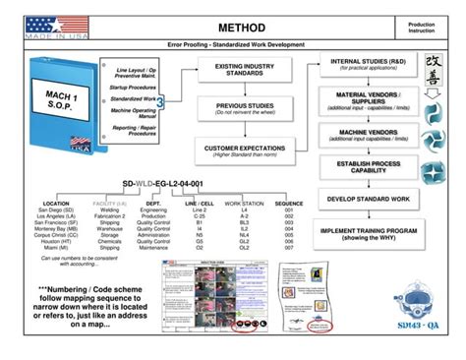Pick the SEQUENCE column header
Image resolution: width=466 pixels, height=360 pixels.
click(289, 204)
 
